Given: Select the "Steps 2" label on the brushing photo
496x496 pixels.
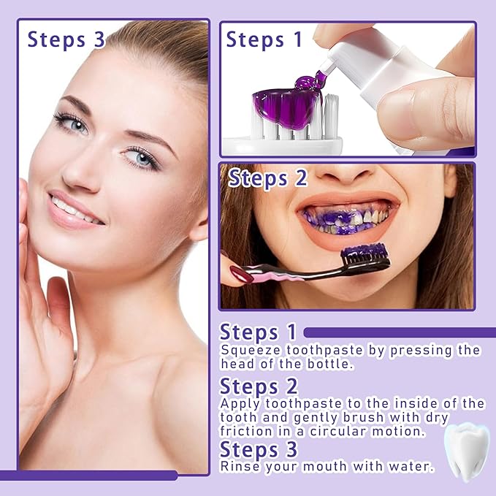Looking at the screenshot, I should coord(268,178).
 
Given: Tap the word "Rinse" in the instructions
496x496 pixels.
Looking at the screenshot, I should coord(237,465).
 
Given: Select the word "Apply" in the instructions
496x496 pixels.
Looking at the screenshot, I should coord(238,403).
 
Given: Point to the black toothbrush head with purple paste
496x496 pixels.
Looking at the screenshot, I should coord(366,255).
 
